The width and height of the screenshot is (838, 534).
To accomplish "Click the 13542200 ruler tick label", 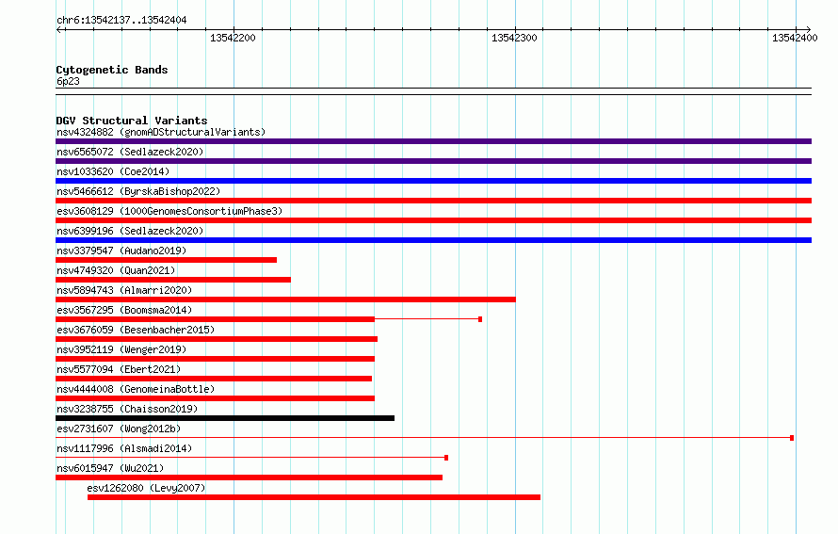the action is point(233,38).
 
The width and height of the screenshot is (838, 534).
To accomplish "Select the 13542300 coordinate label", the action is point(514,38).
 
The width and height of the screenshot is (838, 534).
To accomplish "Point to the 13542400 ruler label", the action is point(795,38).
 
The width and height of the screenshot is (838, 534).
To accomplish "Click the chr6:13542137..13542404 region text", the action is point(121,21).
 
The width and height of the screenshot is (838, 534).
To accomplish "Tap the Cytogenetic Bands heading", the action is point(112,70).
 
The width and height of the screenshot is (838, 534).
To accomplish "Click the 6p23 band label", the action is point(68,81).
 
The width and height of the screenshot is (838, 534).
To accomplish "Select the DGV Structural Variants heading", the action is point(132,121).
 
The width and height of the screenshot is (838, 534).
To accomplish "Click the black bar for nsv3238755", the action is point(225,418).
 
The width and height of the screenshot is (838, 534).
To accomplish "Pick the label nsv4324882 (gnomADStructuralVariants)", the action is point(161,132).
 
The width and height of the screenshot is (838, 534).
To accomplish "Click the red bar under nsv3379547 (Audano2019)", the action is point(167,260).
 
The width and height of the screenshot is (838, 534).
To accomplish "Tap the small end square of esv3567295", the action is point(480,319).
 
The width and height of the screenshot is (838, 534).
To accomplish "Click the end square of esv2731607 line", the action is point(792,438).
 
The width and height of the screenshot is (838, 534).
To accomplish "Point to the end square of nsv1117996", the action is point(446,458).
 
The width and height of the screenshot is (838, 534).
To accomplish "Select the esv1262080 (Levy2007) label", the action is point(146,488).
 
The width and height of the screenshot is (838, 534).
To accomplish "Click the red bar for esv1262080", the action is point(314,497).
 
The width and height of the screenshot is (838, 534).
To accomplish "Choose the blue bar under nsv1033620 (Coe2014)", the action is point(433,181).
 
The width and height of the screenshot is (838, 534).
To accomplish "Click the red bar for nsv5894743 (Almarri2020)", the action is point(285,299).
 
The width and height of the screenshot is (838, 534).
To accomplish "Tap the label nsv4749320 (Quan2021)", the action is point(116,270).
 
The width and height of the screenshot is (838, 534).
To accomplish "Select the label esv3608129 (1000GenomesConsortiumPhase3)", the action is point(169,211).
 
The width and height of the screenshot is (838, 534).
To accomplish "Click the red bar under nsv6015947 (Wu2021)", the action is point(250,477).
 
